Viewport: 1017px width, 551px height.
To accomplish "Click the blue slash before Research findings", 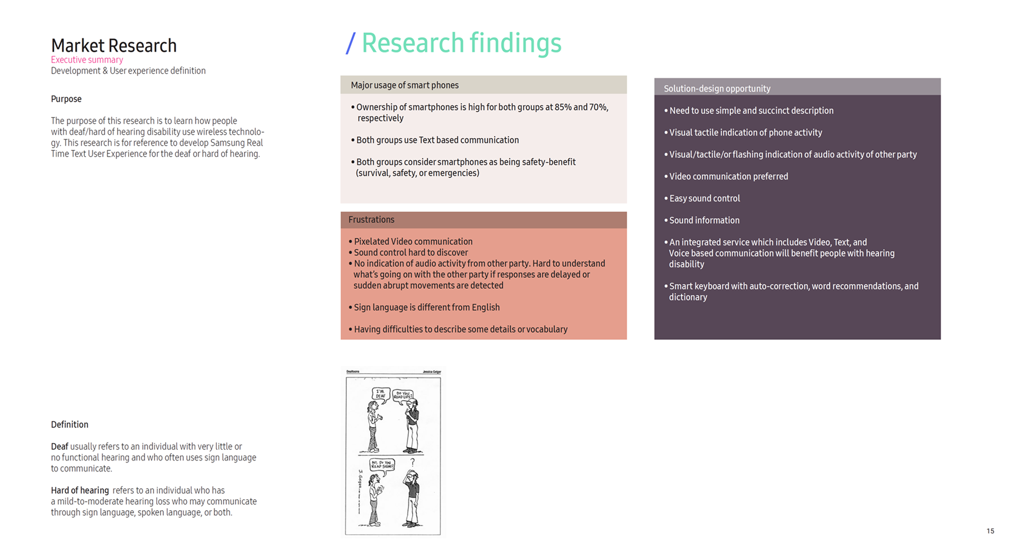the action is coord(350,43).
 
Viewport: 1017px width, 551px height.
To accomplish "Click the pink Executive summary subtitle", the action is coord(87,60).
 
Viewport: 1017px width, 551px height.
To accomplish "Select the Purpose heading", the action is coord(66,99).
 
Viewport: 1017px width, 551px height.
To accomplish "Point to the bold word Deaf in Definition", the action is coord(59,447).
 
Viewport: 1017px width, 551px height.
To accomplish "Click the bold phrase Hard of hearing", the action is coord(79,491).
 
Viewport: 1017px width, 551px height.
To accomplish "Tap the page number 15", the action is coord(990,531).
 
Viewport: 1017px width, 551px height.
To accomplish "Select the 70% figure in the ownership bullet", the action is coord(598,107).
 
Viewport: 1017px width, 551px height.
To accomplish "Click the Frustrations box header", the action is coord(371,220).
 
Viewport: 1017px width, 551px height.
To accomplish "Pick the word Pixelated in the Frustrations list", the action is coord(371,242).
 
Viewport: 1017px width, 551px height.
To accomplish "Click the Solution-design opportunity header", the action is coord(717,88).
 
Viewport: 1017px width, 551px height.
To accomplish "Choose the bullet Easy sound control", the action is coord(704,198).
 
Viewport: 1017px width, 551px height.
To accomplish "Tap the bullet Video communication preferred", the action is coord(728,177).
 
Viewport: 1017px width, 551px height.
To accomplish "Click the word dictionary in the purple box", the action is coord(688,297).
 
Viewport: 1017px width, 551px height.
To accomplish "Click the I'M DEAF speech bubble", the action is coord(381,394).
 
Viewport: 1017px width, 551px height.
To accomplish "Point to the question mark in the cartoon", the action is coord(413,462).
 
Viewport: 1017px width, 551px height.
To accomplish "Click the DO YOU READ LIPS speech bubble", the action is coord(403,395).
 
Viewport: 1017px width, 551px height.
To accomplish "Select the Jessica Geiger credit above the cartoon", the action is coord(432,372).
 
